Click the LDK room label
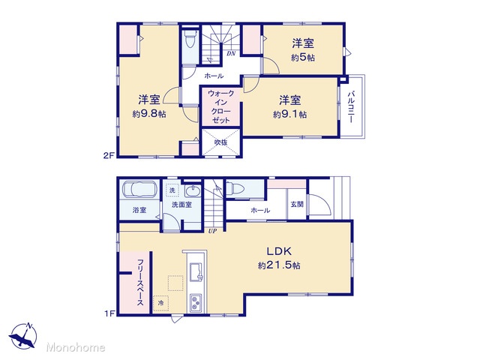tap(279, 251)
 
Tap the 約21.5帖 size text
tap(279, 265)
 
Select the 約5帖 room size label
tap(303, 58)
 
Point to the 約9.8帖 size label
tap(149, 114)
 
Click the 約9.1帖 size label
tap(290, 115)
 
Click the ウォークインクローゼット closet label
tap(220, 106)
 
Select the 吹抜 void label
tap(220, 142)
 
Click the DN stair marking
tap(231, 53)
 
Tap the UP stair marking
tap(212, 232)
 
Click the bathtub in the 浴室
tap(140, 190)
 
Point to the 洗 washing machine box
tap(172, 190)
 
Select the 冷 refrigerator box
tap(160, 303)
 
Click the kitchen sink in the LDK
tap(196, 272)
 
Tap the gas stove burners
tap(196, 303)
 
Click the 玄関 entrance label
tap(297, 204)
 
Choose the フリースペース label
tap(140, 282)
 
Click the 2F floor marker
tap(109, 155)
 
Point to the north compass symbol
tap(23, 336)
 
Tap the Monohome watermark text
tap(76, 347)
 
